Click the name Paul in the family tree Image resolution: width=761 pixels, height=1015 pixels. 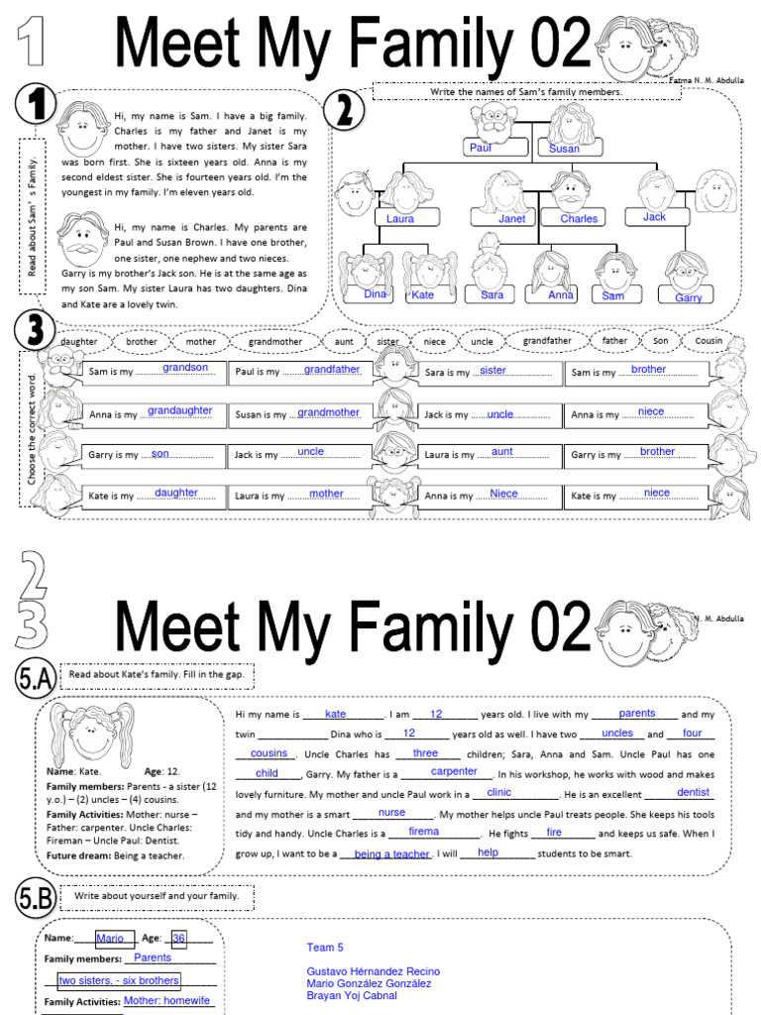coord(481,148)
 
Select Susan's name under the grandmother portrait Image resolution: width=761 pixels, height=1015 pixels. coord(564,149)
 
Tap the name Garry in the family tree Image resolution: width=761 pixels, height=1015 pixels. coord(688,297)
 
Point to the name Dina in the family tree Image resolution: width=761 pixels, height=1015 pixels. coord(375,294)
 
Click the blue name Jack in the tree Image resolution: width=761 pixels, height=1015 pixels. coord(654,217)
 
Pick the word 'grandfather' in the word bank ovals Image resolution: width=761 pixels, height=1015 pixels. coord(546,340)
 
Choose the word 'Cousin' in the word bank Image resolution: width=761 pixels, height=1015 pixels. coord(708,341)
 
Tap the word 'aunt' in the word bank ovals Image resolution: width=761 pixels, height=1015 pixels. coord(344,341)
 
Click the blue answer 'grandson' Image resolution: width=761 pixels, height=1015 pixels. coord(185,368)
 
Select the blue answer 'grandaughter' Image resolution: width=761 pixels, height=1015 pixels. coord(180,410)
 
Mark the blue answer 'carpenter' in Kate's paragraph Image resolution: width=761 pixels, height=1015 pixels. coord(454,771)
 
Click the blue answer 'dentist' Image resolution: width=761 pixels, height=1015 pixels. coord(693,793)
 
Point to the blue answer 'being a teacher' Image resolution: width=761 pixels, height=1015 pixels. coord(391,854)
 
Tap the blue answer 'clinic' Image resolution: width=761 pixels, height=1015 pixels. coord(499,793)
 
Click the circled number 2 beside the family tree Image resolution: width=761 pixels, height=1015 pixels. coord(344,111)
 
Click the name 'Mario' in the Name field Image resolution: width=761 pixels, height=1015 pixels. coord(110,939)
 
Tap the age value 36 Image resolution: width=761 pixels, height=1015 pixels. coord(178,939)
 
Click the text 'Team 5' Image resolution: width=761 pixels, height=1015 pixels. coord(325,948)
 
